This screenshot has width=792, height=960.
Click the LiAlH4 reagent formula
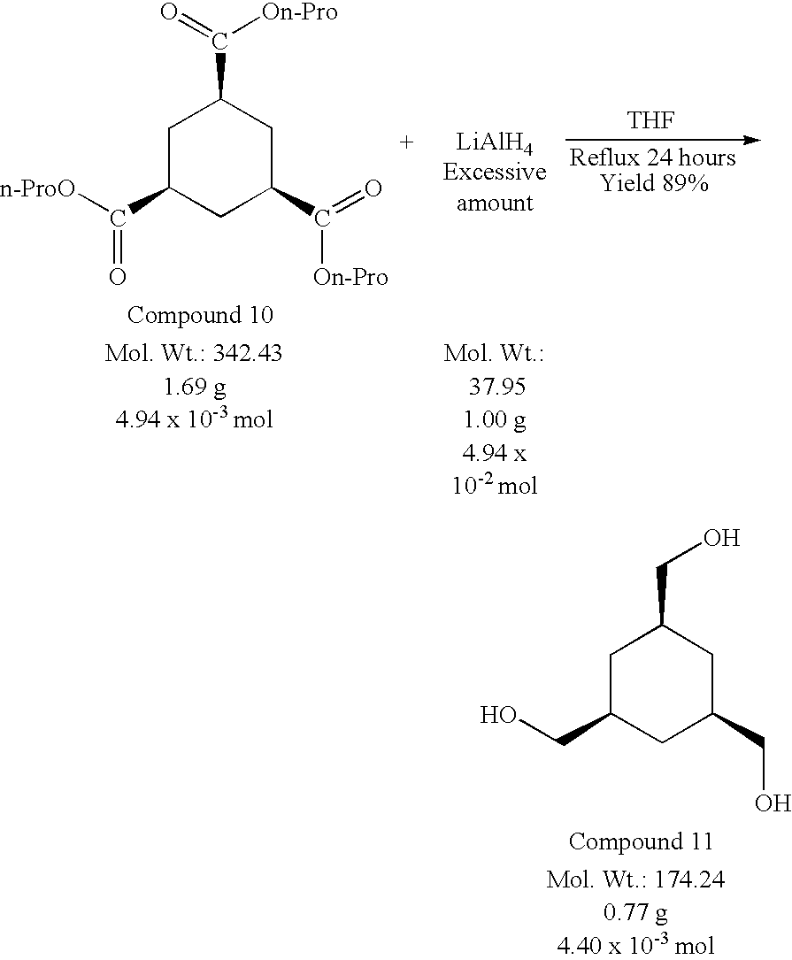click(494, 144)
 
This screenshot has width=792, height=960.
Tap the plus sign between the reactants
click(406, 142)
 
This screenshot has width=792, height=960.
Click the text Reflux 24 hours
click(652, 159)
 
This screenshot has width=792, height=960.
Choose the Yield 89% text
click(652, 184)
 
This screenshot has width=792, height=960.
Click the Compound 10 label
click(200, 315)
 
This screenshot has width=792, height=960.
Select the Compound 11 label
click(641, 841)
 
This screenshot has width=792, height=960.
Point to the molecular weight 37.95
click(494, 387)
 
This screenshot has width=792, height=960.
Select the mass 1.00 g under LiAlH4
click(494, 419)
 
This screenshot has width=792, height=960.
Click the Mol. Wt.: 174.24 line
click(640, 880)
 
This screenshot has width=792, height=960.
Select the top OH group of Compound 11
click(720, 538)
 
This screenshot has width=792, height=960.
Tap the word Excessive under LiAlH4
click(494, 173)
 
